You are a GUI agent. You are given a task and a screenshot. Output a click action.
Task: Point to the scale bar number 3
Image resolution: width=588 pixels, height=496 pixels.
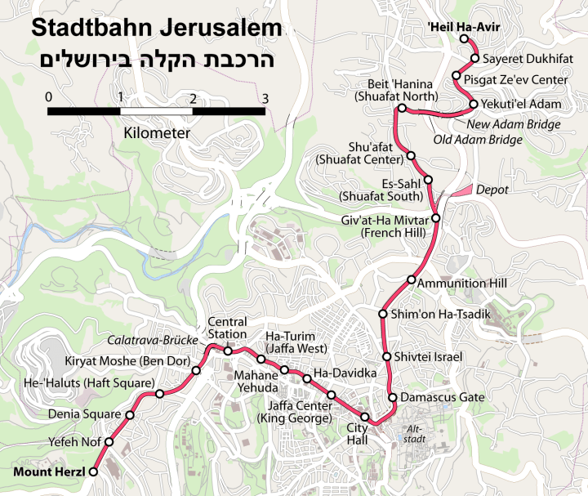pyautogui.click(x=264, y=97)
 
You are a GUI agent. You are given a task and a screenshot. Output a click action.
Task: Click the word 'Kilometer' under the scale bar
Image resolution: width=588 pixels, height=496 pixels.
pyautogui.click(x=157, y=132)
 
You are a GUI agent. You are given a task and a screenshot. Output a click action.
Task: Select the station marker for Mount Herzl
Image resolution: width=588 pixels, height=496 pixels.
pyautogui.click(x=94, y=471)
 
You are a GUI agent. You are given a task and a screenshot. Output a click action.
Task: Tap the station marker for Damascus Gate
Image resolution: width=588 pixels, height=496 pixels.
pyautogui.click(x=393, y=398)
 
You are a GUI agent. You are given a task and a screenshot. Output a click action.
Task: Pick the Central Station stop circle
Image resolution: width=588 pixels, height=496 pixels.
pyautogui.click(x=228, y=351)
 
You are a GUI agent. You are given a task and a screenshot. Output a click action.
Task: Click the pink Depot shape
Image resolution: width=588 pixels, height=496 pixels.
pyautogui.click(x=461, y=190)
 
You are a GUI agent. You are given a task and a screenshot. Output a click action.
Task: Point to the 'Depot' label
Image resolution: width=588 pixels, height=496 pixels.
pyautogui.click(x=492, y=190)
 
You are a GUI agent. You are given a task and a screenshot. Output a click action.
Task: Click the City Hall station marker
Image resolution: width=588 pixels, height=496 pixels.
pyautogui.click(x=365, y=420)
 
